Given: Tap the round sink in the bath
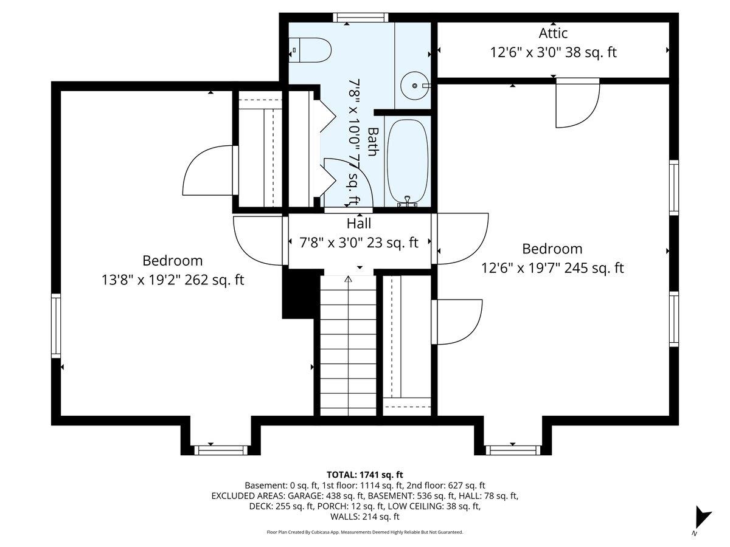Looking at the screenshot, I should [415, 86].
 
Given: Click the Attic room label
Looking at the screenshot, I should [553, 33].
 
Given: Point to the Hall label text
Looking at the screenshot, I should [359, 224].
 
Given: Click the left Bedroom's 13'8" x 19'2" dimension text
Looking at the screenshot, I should [173, 280].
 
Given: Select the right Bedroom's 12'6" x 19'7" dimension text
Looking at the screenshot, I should [552, 268].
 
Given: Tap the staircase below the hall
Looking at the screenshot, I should [349, 346].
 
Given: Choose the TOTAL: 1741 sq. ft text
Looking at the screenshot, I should [365, 474].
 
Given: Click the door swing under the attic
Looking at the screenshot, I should [577, 105].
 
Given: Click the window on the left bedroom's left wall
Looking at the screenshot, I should [56, 325].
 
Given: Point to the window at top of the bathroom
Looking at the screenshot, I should [361, 18].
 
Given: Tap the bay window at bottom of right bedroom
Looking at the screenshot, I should [512, 450].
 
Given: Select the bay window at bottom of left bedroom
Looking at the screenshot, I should [221, 450].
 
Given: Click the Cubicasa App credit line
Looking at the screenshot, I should [365, 532].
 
